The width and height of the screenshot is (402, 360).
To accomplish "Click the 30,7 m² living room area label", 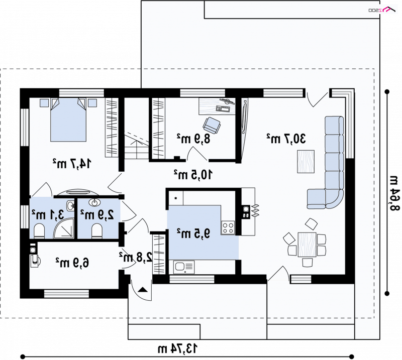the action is tap(286, 139).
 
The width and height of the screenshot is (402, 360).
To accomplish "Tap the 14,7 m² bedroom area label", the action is tap(72, 164).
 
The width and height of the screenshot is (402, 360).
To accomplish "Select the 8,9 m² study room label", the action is tap(193, 139).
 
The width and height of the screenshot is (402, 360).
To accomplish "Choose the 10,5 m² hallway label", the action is tap(193, 175).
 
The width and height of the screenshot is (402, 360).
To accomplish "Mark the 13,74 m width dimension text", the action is tap(178, 349).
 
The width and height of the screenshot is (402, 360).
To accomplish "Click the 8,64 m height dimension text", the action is tap(394, 193).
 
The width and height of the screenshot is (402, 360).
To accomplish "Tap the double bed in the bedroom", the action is tap(68, 119).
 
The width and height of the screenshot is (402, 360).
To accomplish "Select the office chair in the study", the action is tap(212, 126).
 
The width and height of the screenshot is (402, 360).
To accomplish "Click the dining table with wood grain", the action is tap(307, 245).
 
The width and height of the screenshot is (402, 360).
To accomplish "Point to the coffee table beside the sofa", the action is tap(306, 162).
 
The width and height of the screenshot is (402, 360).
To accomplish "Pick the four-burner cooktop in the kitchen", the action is tap(228, 227).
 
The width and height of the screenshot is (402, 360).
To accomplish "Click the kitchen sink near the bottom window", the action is tap(184, 267).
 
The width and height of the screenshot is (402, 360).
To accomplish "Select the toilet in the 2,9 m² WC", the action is tap(97, 231).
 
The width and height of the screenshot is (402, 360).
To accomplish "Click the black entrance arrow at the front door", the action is tap(143, 290).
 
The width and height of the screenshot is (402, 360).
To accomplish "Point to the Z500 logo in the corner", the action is tap(382, 9).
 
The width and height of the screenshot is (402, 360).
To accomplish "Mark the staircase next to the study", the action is tap(137, 129).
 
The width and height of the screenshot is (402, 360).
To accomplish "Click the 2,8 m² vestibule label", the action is tap(135, 257).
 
